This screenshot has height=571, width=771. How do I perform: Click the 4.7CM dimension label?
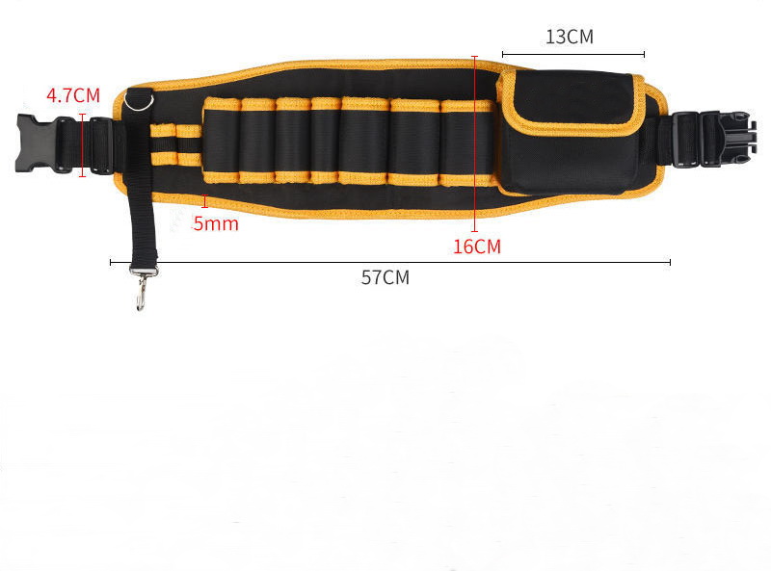(x=73, y=95)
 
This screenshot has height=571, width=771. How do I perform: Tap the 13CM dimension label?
(x=570, y=38)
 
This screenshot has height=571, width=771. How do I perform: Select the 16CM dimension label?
(x=477, y=247)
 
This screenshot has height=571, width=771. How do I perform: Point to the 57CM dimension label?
(x=385, y=277)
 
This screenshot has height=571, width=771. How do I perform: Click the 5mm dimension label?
(x=215, y=223)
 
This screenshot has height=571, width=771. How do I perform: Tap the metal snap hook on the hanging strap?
(x=141, y=290)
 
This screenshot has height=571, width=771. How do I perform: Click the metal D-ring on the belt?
(x=141, y=99)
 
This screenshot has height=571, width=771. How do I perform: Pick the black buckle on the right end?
(x=713, y=139)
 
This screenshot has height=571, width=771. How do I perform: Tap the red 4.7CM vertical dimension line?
(x=82, y=144)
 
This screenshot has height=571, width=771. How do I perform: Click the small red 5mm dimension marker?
(x=204, y=200)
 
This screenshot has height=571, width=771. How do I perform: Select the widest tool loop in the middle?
(x=364, y=141)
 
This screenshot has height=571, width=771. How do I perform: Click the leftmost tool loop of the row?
(x=221, y=140)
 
